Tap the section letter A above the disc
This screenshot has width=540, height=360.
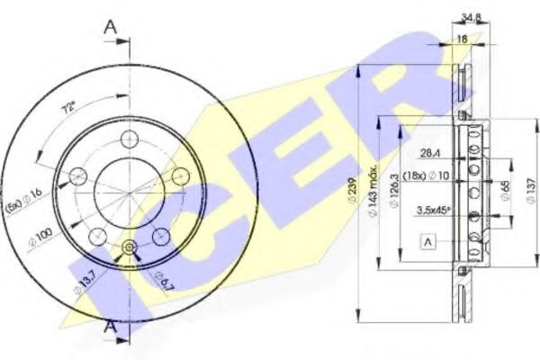tap(112, 27)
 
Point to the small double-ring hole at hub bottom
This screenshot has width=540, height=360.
tap(127, 249)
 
